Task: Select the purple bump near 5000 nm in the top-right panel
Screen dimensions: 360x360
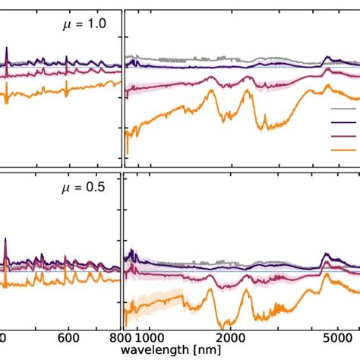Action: (x=327, y=58)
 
